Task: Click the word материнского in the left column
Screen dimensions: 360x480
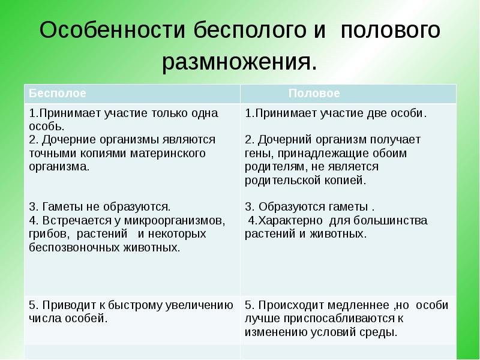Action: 166,153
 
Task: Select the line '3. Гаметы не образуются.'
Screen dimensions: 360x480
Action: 100,206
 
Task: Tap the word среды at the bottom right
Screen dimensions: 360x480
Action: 382,332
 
